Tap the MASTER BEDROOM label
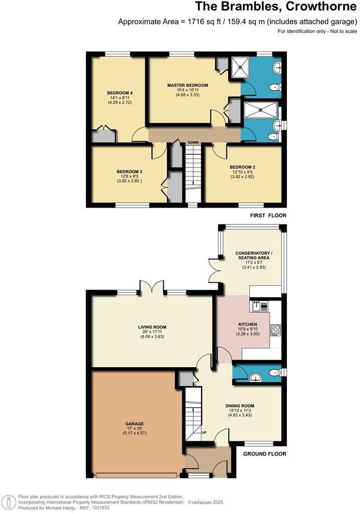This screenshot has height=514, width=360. tap(187, 85)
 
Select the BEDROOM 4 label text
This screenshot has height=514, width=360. tap(120, 93)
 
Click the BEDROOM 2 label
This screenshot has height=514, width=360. tap(242, 167)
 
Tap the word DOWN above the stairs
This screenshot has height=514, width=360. tap(192, 143)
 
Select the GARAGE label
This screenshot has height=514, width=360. tap(134, 424)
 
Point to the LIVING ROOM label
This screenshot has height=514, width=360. tap(152, 327)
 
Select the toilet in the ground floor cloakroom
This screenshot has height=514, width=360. tap(274, 372)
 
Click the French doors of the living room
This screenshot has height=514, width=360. tap(152, 287)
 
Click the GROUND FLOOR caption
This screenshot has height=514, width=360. tap(265, 454)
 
